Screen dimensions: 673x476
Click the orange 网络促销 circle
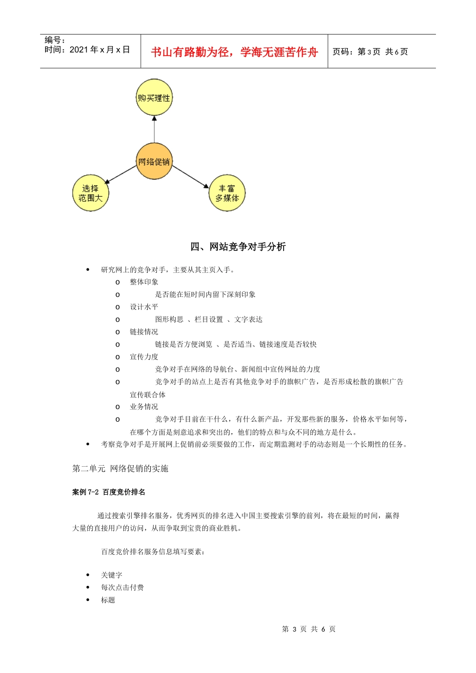pyautogui.click(x=154, y=161)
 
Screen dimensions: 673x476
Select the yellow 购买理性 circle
pyautogui.click(x=154, y=98)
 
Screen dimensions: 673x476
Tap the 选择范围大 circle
pyautogui.click(x=91, y=193)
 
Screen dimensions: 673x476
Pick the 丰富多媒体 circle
pyautogui.click(x=227, y=193)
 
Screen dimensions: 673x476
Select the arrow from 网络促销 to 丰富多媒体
pyautogui.click(x=190, y=177)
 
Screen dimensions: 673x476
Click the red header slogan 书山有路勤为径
pyautogui.click(x=234, y=52)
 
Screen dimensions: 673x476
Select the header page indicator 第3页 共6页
pyautogui.click(x=370, y=52)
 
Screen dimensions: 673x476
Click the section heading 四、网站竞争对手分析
pyautogui.click(x=238, y=246)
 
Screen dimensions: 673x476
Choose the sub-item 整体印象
pyautogui.click(x=144, y=282)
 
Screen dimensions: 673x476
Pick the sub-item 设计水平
pyautogui.click(x=144, y=307)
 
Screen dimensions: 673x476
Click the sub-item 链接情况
pyautogui.click(x=144, y=332)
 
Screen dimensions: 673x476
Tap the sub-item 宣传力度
pyautogui.click(x=144, y=357)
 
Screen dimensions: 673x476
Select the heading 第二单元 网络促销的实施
pyautogui.click(x=120, y=468)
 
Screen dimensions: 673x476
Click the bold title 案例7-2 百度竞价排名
pyautogui.click(x=109, y=492)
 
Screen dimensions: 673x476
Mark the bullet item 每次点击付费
pyautogui.click(x=122, y=587)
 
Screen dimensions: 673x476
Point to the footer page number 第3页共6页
pyautogui.click(x=309, y=629)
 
